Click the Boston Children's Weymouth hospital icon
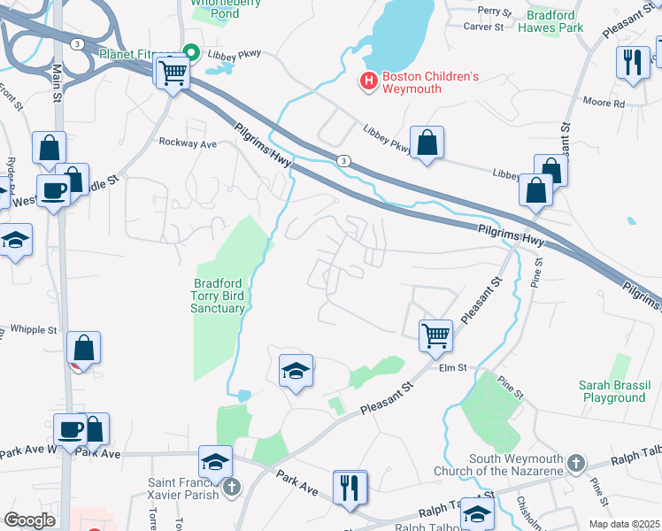[x=369, y=81]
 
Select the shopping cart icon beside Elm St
[x=435, y=335]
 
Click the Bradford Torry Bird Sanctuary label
[x=218, y=296]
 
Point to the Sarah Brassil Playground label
[x=612, y=391]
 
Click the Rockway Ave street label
[x=188, y=142]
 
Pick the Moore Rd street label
[x=604, y=103]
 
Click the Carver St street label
[x=483, y=27]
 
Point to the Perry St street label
[x=495, y=12]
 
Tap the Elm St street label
[x=451, y=367]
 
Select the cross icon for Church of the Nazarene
[x=575, y=463]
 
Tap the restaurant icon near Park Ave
[x=350, y=487]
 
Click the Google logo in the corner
[x=30, y=520]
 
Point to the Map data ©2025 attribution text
[x=624, y=524]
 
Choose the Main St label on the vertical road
[x=58, y=81]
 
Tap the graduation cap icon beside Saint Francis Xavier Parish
[x=214, y=460]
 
